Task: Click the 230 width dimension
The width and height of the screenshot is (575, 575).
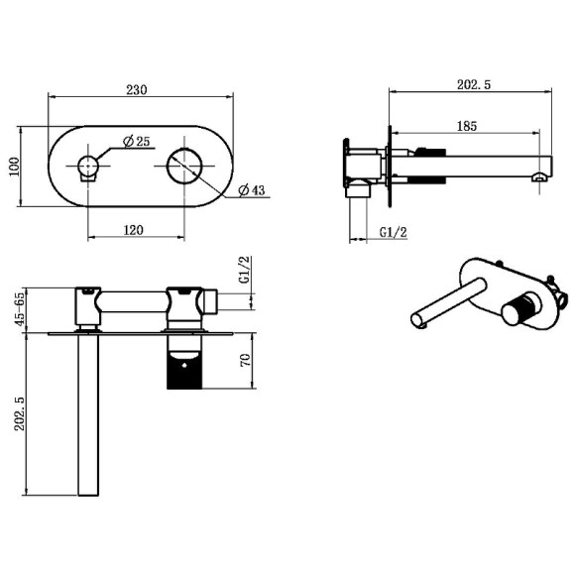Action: pos(138,89)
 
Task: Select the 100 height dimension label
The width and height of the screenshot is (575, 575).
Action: pos(15,166)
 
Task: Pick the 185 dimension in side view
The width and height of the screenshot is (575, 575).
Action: pos(468,126)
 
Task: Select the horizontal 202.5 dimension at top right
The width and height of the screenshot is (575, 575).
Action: pos(471,86)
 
